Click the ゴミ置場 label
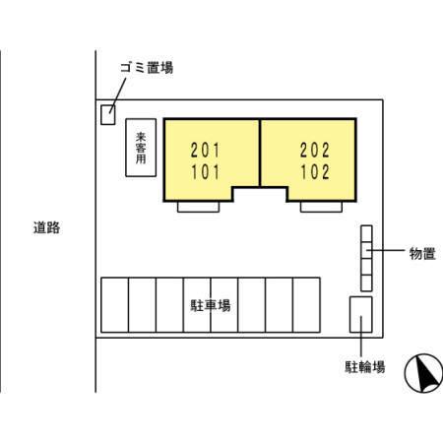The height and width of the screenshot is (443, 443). point(147,68)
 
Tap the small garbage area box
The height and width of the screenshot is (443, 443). point(108,115)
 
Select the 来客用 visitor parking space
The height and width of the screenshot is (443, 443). point(141,148)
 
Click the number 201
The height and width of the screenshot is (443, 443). point(205,151)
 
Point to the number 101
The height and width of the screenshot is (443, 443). point(205,172)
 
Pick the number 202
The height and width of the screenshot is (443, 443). point(315,151)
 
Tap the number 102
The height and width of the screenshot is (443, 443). point(315,172)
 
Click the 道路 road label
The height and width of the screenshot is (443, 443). point(46,227)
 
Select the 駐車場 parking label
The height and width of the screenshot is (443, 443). point(211,305)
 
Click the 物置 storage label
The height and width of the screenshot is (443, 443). point(422,254)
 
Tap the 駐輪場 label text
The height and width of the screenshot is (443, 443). point(365,367)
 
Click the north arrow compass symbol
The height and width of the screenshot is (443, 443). point(423,373)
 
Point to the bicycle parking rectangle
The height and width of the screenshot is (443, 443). point(361,315)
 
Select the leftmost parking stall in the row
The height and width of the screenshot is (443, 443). point(115,305)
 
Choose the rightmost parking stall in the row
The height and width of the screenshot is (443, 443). point(306,305)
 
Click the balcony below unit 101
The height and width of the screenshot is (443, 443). point(198,207)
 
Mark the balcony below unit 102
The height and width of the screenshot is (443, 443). point(321,207)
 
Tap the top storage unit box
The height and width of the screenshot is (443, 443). point(366,233)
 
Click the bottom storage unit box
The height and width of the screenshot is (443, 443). point(366,283)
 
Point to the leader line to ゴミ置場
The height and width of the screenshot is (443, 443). point(118,95)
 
